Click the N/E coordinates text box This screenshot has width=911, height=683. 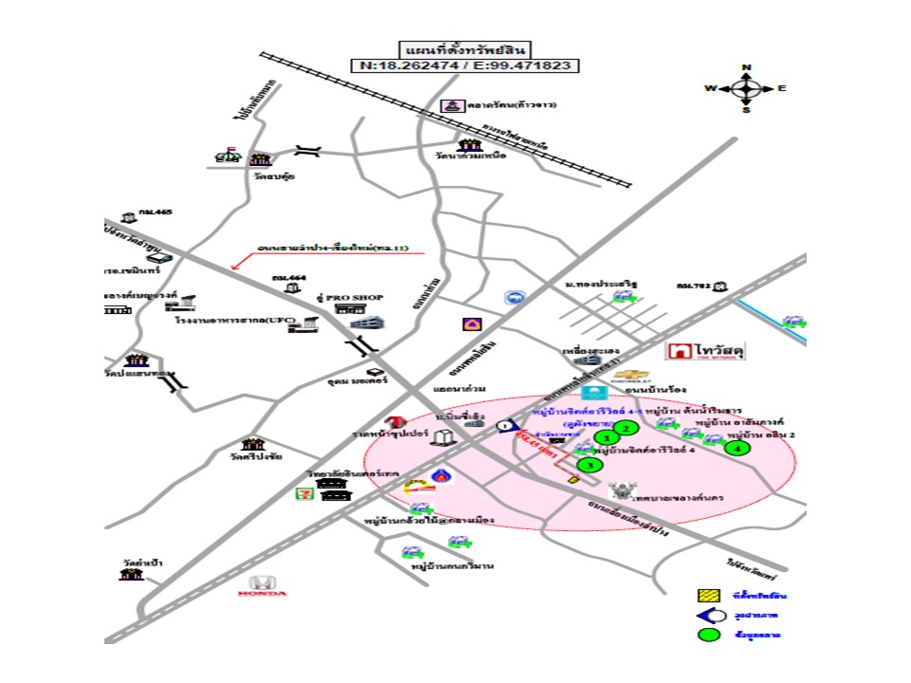click(x=465, y=65)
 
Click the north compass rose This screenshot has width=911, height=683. click(x=746, y=88)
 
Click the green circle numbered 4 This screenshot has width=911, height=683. click(x=737, y=448)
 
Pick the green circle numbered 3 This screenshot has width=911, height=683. click(x=589, y=465)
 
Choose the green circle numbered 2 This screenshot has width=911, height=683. click(x=624, y=428)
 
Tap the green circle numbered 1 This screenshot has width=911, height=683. click(x=606, y=437)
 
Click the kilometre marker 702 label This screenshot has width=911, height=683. click(x=694, y=285)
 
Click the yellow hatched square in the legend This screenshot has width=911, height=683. click(x=707, y=596)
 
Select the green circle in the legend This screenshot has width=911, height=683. click(x=707, y=634)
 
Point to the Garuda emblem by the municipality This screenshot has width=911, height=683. click(x=622, y=490)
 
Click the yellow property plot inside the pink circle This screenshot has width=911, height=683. click(x=572, y=480)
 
